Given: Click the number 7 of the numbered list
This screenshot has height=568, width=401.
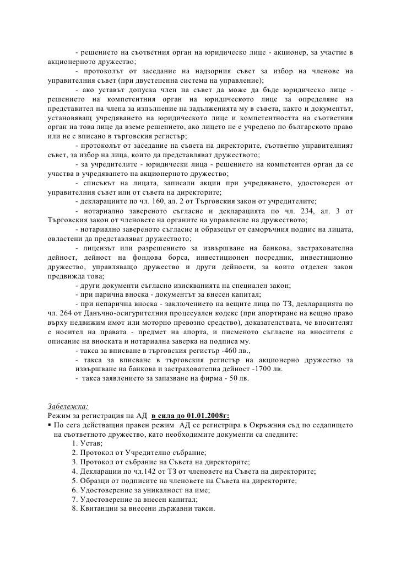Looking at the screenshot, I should pyautogui.click(x=74, y=499).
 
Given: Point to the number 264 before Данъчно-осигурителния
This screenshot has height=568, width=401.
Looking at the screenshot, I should pyautogui.click(x=64, y=313).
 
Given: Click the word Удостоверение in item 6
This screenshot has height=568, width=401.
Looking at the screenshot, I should pyautogui.click(x=109, y=489).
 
